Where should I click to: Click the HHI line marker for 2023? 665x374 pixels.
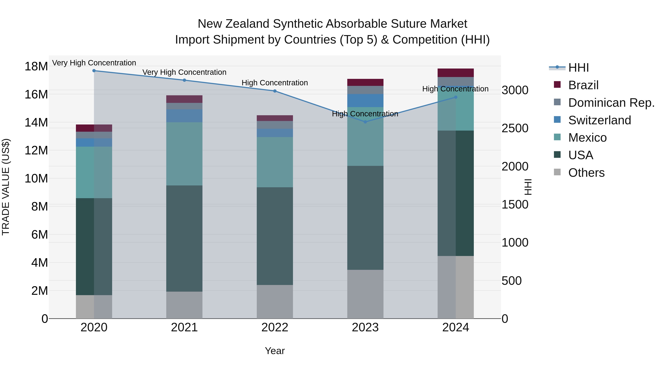[x=365, y=122]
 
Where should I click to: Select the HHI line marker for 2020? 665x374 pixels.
[x=94, y=71]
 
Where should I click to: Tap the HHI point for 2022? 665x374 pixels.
[x=275, y=91]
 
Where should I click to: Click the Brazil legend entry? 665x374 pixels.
[x=583, y=85]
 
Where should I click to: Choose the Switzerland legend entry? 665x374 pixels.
[x=599, y=120]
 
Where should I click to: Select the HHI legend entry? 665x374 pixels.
[x=578, y=68]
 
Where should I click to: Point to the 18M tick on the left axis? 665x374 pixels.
[x=36, y=66]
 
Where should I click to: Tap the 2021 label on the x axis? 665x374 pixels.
[x=184, y=327]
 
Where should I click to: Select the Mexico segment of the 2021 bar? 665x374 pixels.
[x=184, y=154]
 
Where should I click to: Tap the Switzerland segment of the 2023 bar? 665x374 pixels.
[x=365, y=100]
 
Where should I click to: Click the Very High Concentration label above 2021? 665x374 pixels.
[x=184, y=72]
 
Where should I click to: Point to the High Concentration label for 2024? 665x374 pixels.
[x=455, y=89]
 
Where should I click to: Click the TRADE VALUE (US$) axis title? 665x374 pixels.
[x=6, y=187]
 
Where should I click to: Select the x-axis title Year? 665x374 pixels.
[x=275, y=351]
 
